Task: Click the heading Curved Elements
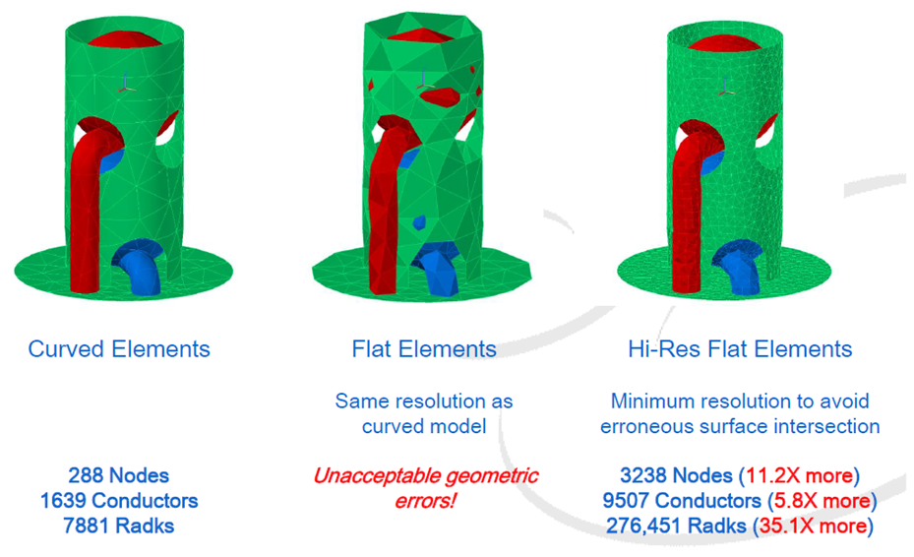tap(119, 349)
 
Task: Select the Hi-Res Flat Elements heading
tap(740, 349)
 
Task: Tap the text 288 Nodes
tap(118, 475)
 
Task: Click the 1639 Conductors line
tap(118, 501)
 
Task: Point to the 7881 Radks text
tap(118, 526)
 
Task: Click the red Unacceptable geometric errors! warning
tap(425, 488)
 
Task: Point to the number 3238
tap(644, 476)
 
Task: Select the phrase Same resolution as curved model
tap(424, 413)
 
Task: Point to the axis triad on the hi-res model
tap(726, 87)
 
